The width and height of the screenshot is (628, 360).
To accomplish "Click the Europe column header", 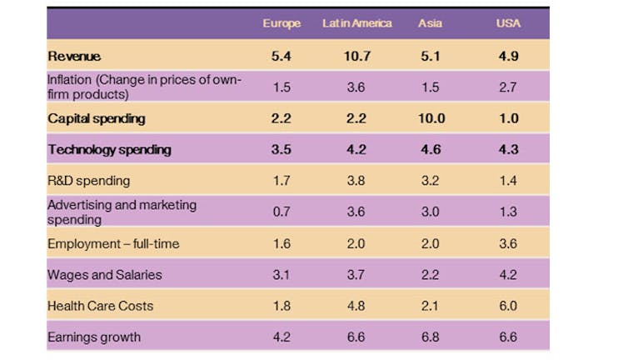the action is click(x=282, y=23).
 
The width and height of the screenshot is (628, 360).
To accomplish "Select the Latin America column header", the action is click(x=356, y=23).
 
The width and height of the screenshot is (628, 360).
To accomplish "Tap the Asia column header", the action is click(x=430, y=23).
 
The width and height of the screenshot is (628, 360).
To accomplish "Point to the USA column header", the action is click(x=508, y=23).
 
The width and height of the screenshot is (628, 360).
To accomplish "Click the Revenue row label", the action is click(x=74, y=56).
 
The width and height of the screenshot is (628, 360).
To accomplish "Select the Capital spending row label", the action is click(x=97, y=118).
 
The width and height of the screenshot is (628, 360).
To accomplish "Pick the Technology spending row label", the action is click(x=109, y=149).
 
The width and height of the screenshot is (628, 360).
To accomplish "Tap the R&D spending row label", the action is click(x=88, y=181).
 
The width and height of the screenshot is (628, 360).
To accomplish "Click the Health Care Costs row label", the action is click(x=100, y=306).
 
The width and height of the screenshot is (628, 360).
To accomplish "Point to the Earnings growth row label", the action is click(x=94, y=337).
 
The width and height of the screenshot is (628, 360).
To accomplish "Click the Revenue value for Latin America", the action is click(x=357, y=56).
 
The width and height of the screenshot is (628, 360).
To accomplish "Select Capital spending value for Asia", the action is click(x=431, y=118).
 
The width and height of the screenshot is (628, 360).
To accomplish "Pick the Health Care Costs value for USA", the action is click(x=508, y=306).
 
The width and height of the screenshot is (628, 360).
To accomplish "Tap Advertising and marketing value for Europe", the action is click(x=282, y=212).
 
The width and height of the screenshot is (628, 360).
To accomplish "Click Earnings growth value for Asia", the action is click(x=430, y=337).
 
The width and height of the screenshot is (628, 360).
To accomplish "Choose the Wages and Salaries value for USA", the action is click(x=508, y=275).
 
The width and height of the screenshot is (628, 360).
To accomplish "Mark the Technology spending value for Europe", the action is click(x=282, y=149).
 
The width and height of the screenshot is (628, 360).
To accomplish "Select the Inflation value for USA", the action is click(x=508, y=87).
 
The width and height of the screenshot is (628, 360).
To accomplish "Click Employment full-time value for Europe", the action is click(x=282, y=243).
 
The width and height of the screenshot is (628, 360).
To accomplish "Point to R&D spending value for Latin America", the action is click(x=356, y=181).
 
